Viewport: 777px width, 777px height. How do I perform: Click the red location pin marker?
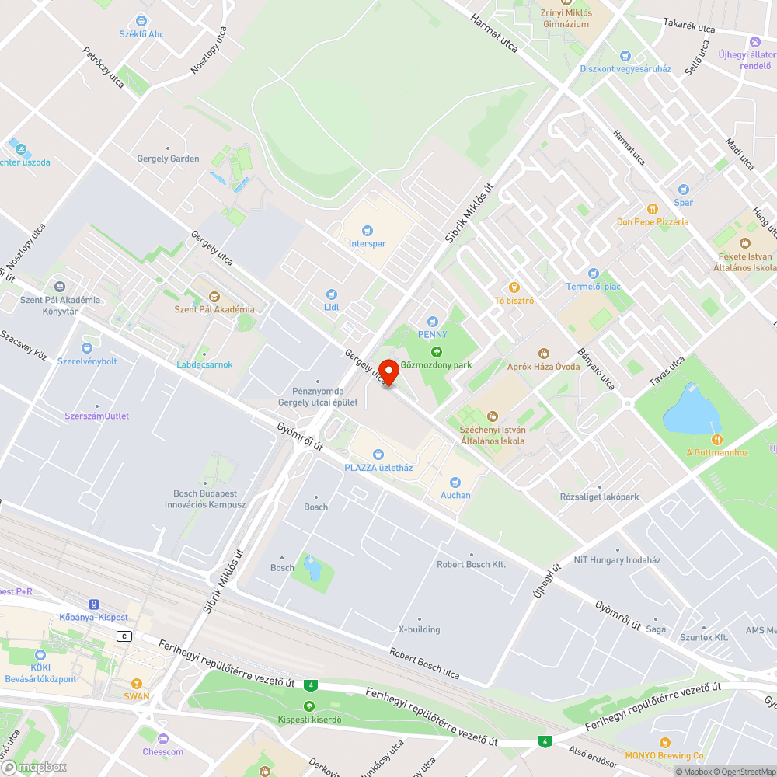pyautogui.click(x=388, y=371)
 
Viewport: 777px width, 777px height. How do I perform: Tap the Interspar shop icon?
pyautogui.click(x=368, y=231)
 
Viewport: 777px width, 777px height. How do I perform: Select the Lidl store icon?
pyautogui.click(x=332, y=294)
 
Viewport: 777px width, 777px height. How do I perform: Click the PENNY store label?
pyautogui.click(x=433, y=334)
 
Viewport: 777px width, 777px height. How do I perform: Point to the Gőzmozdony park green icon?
pyautogui.click(x=436, y=352)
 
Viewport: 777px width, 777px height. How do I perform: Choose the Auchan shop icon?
pyautogui.click(x=455, y=483)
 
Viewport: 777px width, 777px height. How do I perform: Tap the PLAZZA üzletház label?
pyautogui.click(x=378, y=468)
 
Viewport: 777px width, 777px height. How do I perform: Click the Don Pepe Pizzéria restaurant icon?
pyautogui.click(x=653, y=209)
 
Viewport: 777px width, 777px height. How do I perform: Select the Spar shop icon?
pyautogui.click(x=683, y=190)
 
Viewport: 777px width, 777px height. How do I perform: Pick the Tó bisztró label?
pyautogui.click(x=514, y=301)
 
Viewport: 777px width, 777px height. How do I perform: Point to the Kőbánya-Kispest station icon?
pyautogui.click(x=94, y=605)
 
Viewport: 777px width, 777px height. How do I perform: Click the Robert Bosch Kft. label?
pyautogui.click(x=471, y=564)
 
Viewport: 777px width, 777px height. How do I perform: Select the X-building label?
pyautogui.click(x=419, y=629)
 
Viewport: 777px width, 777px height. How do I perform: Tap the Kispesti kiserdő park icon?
pyautogui.click(x=309, y=706)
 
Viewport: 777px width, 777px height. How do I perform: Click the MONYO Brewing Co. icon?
pyautogui.click(x=665, y=743)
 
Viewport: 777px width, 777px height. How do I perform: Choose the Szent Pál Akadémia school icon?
pyautogui.click(x=214, y=297)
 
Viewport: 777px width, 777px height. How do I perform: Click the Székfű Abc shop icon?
pyautogui.click(x=141, y=21)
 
